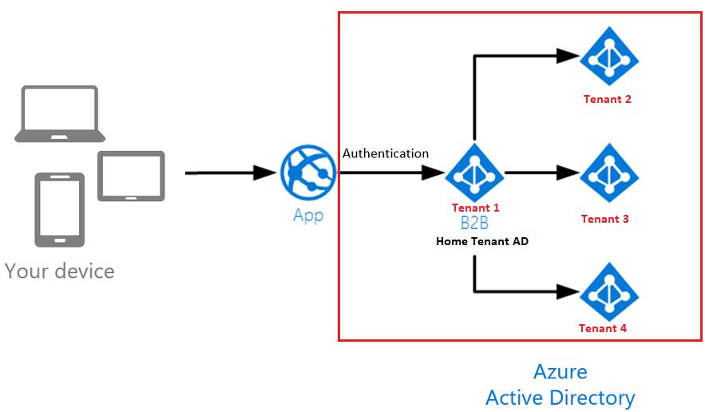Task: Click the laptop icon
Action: tap(60, 114)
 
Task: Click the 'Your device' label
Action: tap(60, 271)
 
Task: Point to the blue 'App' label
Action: tap(308, 216)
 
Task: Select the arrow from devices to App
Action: tap(231, 172)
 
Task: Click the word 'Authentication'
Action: tap(386, 153)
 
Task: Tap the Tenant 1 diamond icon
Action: tap(475, 172)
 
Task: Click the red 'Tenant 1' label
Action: tap(476, 208)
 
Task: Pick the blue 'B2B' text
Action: tap(474, 224)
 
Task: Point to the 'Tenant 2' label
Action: tap(608, 100)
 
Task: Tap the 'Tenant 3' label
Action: tap(605, 219)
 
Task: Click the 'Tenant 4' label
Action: tap(603, 328)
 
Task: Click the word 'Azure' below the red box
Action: tap(560, 371)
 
